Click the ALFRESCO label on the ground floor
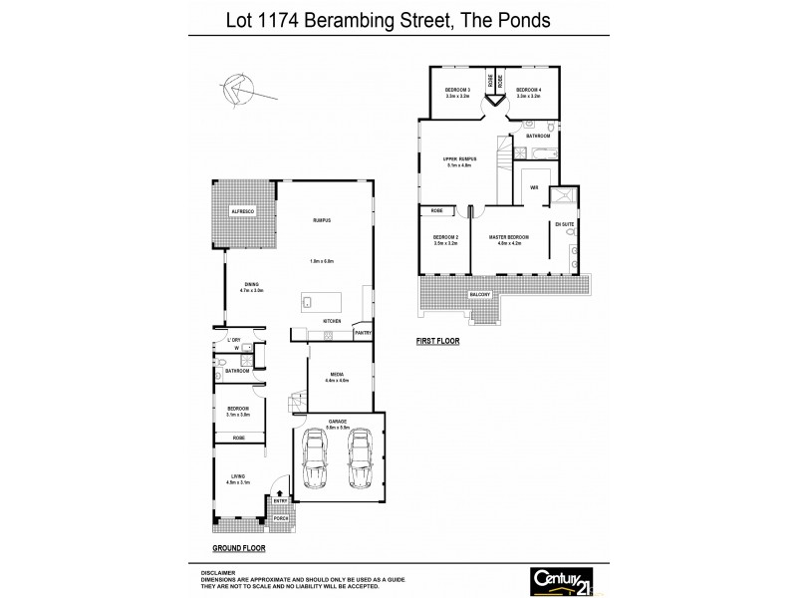tap(243, 212)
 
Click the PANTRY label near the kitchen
tap(363, 332)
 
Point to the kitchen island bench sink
tap(309, 302)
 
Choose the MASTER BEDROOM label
tap(508, 236)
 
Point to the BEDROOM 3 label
tap(457, 90)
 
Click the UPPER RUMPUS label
tap(460, 158)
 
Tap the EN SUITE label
tap(565, 225)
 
